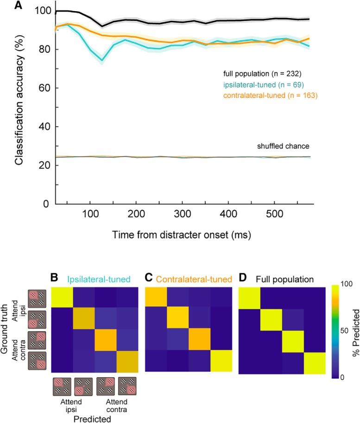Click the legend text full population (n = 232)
[262, 73]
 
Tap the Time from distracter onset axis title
[182, 235]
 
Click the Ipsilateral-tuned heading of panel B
[98, 280]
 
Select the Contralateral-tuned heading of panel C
[194, 280]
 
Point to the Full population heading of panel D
[280, 280]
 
